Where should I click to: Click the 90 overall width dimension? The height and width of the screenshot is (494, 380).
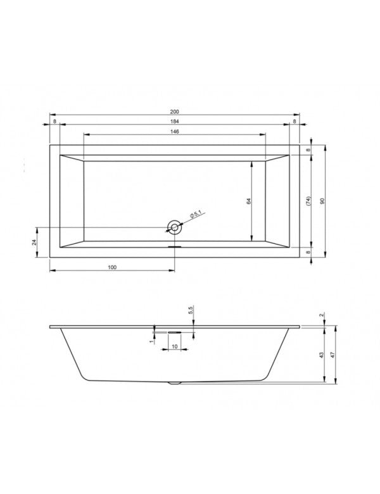click(x=322, y=201)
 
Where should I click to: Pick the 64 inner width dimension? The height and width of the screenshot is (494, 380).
click(x=250, y=201)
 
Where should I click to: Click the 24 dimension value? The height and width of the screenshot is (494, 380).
click(x=35, y=242)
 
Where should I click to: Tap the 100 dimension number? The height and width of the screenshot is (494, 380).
click(x=112, y=268)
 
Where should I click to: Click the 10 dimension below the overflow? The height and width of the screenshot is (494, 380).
click(x=174, y=347)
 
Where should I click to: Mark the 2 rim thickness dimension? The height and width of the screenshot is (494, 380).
click(x=322, y=315)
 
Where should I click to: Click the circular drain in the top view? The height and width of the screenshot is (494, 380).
click(x=174, y=226)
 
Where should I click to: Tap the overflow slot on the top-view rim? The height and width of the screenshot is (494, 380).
click(x=174, y=248)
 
